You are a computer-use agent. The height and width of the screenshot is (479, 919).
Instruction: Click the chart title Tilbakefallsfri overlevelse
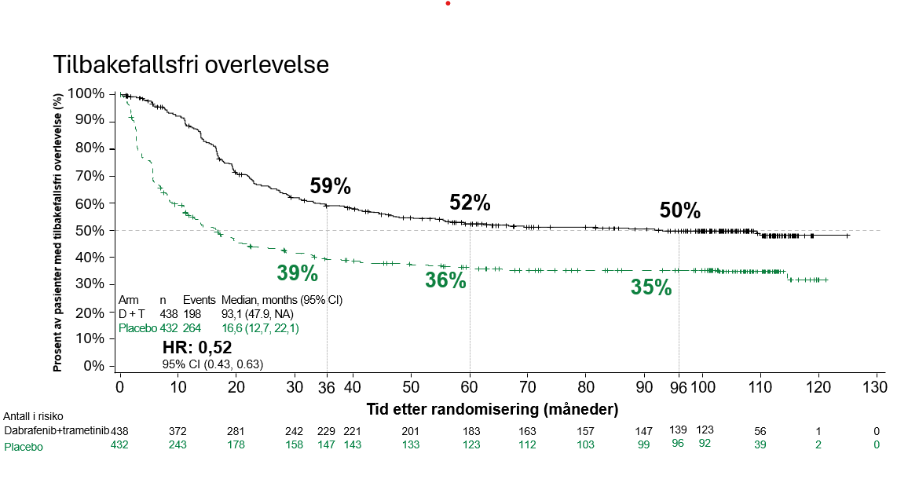pos(190,64)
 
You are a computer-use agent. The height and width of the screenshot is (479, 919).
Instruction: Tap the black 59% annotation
pos(330,187)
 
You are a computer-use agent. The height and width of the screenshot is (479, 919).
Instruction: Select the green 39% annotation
pos(297,273)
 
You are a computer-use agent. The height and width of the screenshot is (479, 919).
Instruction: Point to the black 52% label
pos(470,203)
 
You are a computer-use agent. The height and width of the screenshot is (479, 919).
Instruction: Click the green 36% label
pos(445,280)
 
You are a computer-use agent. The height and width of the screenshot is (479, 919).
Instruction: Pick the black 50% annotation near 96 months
pos(679,210)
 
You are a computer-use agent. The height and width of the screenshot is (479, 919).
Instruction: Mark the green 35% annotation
pos(651,288)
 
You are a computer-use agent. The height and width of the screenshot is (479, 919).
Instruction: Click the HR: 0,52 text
pos(196,348)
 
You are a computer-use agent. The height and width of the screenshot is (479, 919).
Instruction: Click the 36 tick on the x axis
pos(327,387)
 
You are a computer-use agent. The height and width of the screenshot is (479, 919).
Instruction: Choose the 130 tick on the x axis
pos(875,387)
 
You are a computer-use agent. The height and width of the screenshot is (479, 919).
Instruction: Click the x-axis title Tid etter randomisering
pos(492,409)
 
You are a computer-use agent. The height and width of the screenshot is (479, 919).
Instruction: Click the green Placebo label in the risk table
pos(24,447)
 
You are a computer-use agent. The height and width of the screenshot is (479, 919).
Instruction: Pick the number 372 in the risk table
pos(178,431)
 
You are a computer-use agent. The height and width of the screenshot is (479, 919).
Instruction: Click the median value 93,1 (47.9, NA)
pos(258,314)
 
